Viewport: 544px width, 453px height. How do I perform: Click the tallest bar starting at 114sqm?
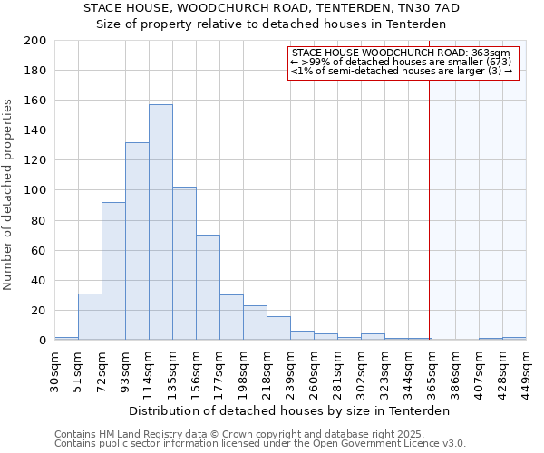160,223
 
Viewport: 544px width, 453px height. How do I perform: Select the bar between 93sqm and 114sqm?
137,241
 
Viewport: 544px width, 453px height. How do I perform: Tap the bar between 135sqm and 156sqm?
184,264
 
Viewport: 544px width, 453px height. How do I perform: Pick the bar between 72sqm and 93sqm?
113,271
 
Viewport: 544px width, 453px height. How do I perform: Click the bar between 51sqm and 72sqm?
90,317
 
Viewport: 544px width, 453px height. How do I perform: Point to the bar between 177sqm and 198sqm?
231,317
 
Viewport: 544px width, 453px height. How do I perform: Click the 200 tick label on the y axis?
36,41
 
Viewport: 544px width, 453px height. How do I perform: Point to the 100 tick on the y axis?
36,190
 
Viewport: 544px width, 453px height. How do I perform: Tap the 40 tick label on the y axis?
40,280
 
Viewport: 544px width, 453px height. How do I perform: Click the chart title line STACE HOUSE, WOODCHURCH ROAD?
272,8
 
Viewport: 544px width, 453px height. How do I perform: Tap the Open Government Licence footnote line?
260,444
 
